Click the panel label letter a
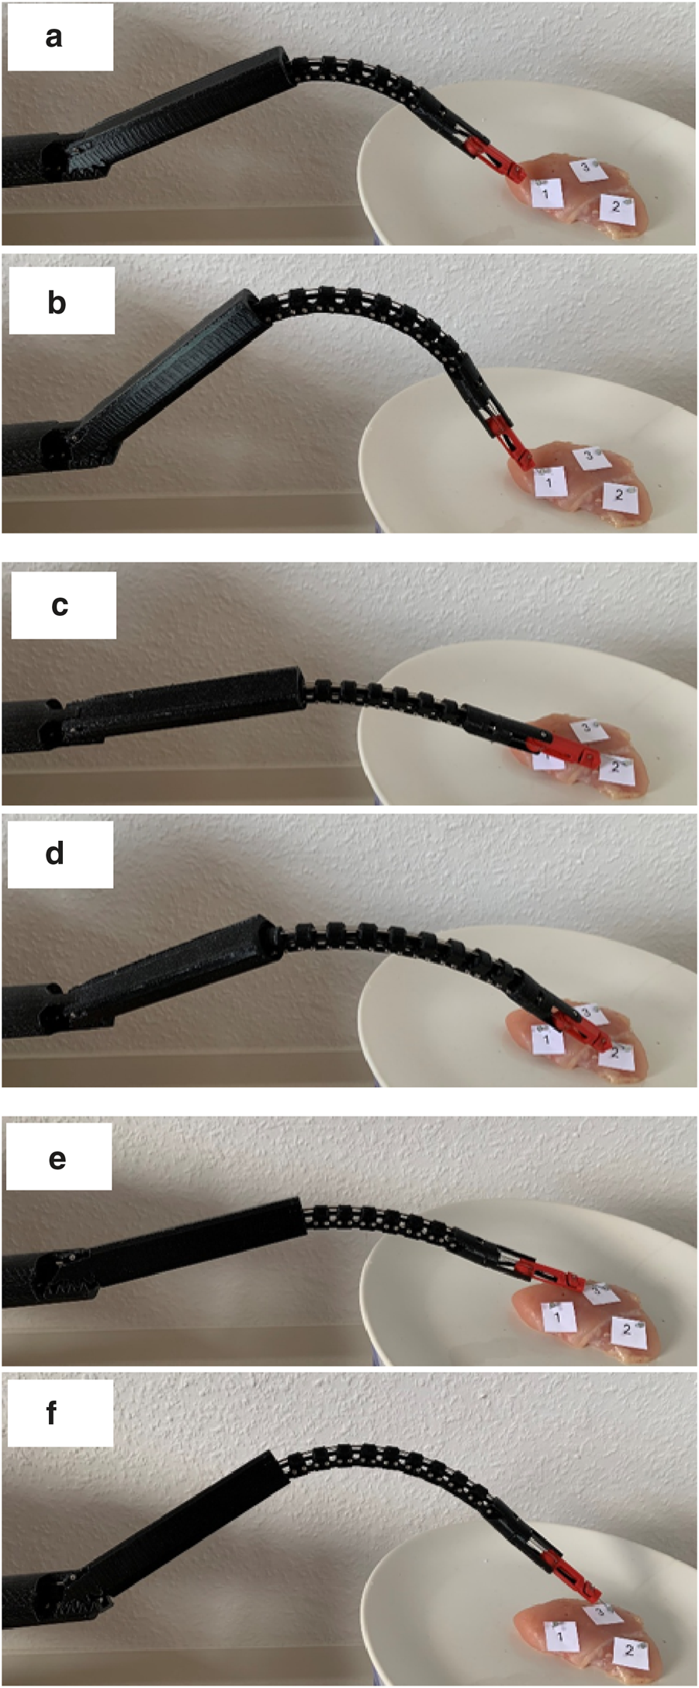pyautogui.click(x=54, y=36)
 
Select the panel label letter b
pyautogui.click(x=56, y=302)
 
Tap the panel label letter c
pyautogui.click(x=60, y=605)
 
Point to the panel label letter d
pyautogui.click(x=54, y=853)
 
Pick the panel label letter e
pyautogui.click(x=57, y=1159)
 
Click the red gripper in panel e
pyautogui.click(x=551, y=1274)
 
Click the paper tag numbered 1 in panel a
pyautogui.click(x=548, y=193)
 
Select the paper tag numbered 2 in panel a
pyautogui.click(x=618, y=208)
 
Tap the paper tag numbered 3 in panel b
pyautogui.click(x=590, y=457)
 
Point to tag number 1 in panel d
pyautogui.click(x=546, y=1038)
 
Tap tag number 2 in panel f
pyautogui.click(x=630, y=1646)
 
